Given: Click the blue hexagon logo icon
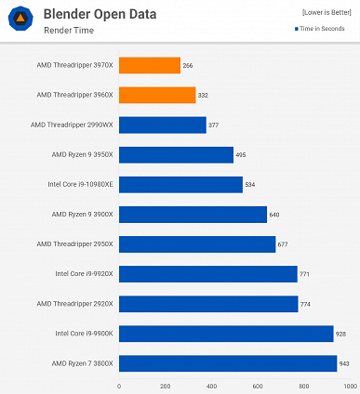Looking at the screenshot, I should pyautogui.click(x=20, y=21).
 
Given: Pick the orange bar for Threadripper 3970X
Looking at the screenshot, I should pyautogui.click(x=149, y=65).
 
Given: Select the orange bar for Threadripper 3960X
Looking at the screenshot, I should pyautogui.click(x=157, y=95).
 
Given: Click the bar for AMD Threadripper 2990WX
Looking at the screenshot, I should pyautogui.click(x=162, y=125).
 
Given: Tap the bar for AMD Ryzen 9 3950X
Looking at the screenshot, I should pyautogui.click(x=176, y=154).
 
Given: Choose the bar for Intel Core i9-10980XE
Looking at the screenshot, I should pyautogui.click(x=180, y=184).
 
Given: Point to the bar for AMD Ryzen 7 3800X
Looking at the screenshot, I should pyautogui.click(x=228, y=362).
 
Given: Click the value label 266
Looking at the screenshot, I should pyautogui.click(x=189, y=65).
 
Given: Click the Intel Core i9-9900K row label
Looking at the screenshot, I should pyautogui.click(x=85, y=333).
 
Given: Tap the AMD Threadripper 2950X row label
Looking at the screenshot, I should pyautogui.click(x=74, y=243).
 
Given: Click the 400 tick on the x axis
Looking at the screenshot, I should pyautogui.click(x=211, y=385).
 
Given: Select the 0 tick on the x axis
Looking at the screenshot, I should pyautogui.click(x=119, y=385).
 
